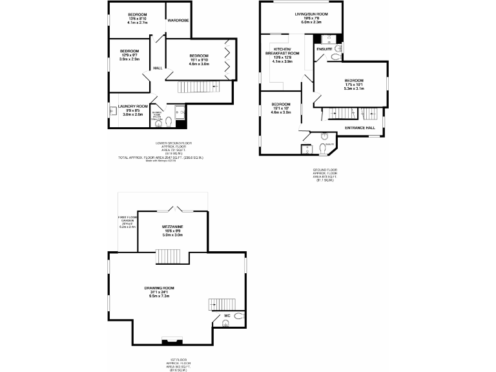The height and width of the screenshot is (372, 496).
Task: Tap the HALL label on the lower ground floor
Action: click(x=157, y=68)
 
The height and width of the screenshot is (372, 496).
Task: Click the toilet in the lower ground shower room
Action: click(x=168, y=121)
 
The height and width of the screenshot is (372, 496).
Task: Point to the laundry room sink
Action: click(x=114, y=110)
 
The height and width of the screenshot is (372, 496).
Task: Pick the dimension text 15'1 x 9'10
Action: click(x=198, y=60)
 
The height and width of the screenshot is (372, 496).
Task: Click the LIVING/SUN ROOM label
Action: click(x=311, y=14)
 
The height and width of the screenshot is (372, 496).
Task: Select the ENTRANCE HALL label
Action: click(x=360, y=128)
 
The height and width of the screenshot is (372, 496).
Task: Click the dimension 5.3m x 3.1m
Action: click(x=354, y=88)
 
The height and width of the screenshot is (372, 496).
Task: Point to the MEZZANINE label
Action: click(x=172, y=227)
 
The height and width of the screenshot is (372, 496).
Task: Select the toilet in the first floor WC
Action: click(x=239, y=316)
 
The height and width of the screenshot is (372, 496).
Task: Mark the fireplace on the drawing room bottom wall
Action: click(x=172, y=341)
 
